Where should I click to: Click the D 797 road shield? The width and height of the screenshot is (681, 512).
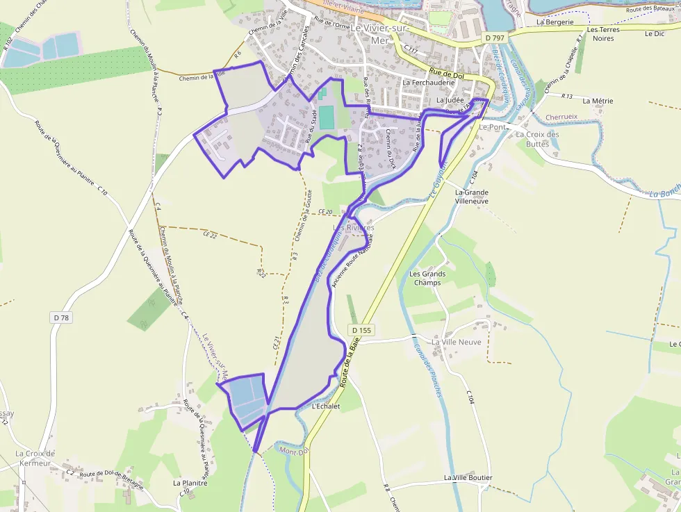[x=495, y=37]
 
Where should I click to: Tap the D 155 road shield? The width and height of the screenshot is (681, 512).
[x=361, y=330]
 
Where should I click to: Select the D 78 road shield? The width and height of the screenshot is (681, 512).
[x=61, y=317]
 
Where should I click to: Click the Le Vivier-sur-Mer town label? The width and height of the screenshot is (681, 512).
[x=379, y=33]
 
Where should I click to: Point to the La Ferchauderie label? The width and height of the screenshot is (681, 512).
[x=428, y=83]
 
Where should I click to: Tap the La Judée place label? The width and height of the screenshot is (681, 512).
[x=450, y=100]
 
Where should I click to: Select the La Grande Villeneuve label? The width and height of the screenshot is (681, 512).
[x=471, y=197]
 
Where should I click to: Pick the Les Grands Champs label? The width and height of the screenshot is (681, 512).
[x=427, y=278]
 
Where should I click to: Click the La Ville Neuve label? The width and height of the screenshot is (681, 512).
[x=457, y=342]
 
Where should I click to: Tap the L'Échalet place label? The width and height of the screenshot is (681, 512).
[x=326, y=406]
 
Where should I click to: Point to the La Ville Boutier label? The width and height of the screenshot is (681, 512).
[x=468, y=478]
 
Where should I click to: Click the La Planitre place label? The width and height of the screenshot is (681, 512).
[x=190, y=482]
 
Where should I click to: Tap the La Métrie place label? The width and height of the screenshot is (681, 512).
[x=598, y=101]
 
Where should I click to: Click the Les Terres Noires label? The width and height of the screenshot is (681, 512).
[x=602, y=35]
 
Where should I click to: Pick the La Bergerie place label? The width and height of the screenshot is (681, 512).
[x=555, y=22]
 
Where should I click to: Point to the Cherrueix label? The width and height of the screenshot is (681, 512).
[x=562, y=117]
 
